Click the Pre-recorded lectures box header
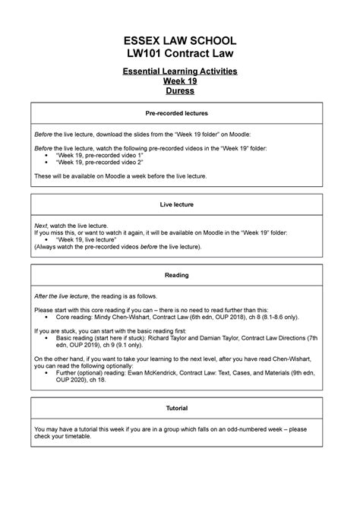180,112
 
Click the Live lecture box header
180,204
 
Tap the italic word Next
42,226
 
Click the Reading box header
180,275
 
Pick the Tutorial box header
180,408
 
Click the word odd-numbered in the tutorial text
245,429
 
